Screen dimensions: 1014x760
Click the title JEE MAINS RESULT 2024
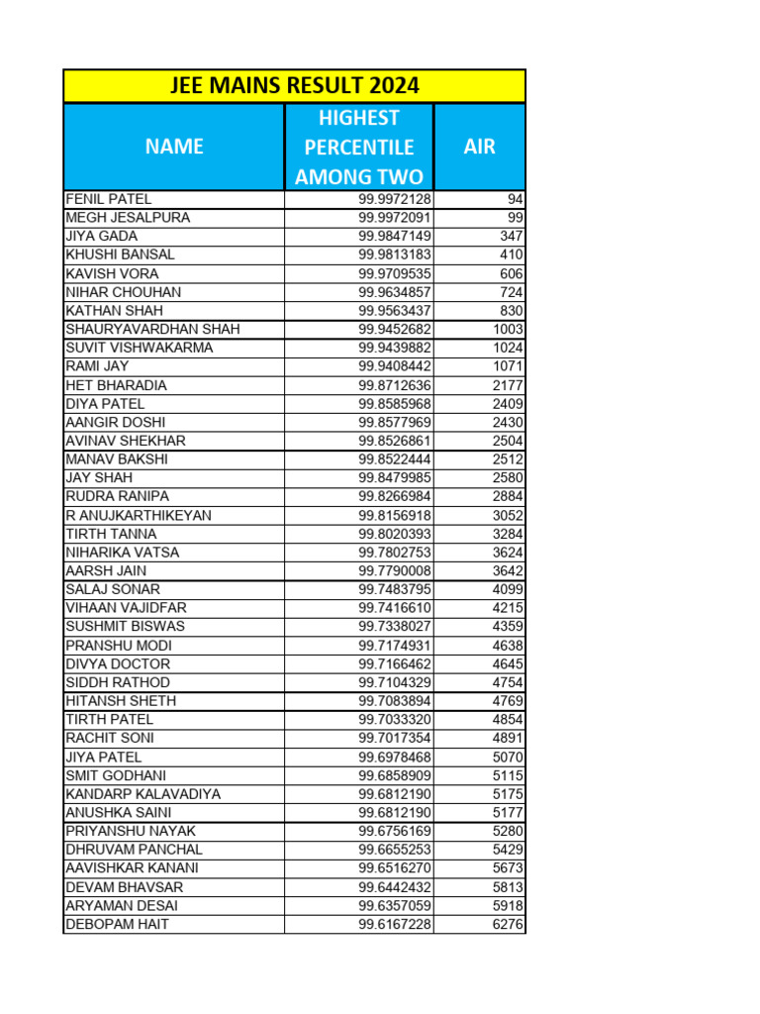tap(294, 86)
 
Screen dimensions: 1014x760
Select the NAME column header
tap(174, 147)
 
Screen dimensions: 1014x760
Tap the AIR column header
tap(479, 147)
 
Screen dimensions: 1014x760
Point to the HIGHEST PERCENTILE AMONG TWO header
tap(359, 148)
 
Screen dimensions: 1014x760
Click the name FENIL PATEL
tap(109, 199)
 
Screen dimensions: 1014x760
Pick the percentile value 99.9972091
tap(395, 218)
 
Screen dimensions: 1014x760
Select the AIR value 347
tap(512, 237)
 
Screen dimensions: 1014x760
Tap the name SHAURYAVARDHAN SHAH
tap(152, 329)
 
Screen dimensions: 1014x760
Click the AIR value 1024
tap(508, 348)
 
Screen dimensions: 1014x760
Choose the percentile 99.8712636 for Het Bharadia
tap(395, 385)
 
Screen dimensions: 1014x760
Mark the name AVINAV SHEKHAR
tap(126, 441)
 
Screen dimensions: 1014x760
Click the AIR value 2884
tap(508, 496)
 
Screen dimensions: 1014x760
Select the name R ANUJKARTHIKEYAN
tap(139, 516)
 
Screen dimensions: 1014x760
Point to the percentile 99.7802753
tap(395, 553)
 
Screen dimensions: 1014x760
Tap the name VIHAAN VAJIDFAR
tap(126, 608)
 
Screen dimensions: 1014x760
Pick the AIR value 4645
tap(508, 664)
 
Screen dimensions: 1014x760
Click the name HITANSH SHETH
tap(121, 701)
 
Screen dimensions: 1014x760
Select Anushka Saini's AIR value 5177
tap(508, 813)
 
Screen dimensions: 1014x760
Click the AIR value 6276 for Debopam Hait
tap(508, 925)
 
